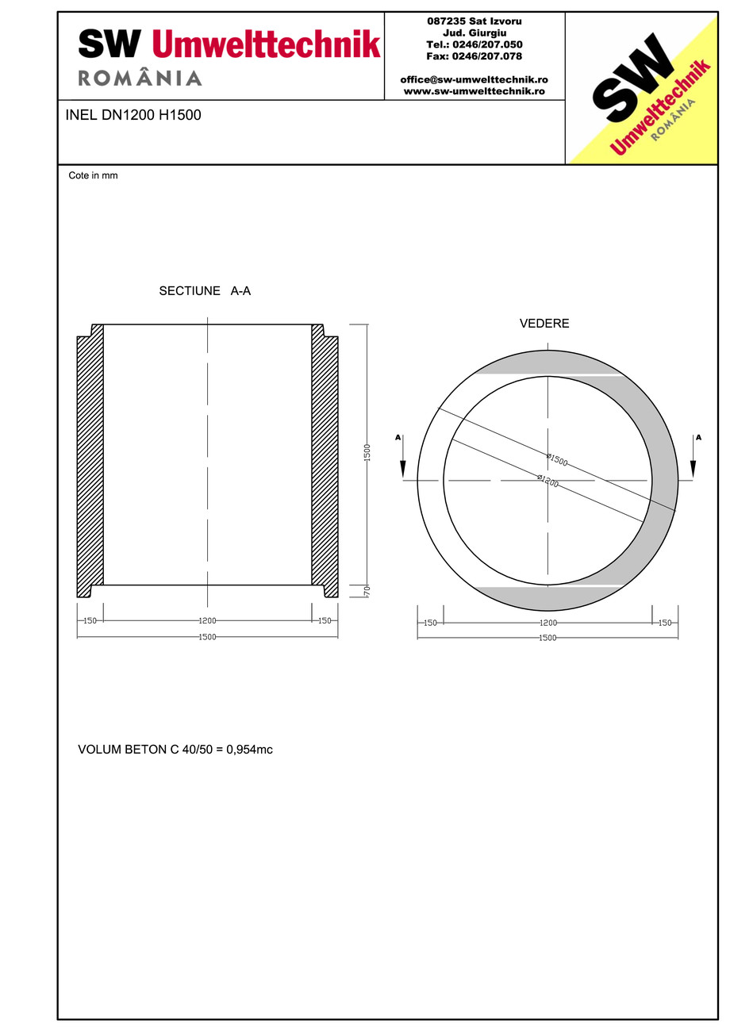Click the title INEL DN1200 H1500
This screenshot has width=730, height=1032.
coord(133,115)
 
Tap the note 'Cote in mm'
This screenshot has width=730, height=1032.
coord(93,175)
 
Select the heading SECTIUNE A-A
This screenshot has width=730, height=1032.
coord(205,291)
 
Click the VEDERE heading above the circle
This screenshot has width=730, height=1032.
coord(544,324)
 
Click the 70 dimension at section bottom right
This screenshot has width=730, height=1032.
coord(367,591)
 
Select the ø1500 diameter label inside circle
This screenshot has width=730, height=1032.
coord(557,459)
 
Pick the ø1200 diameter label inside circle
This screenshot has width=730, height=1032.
coord(547,481)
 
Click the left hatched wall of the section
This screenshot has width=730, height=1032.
coord(90,464)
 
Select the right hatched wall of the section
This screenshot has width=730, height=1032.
coord(325,464)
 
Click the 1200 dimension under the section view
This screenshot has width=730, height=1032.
coord(207,621)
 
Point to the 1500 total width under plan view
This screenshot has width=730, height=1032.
coord(547,638)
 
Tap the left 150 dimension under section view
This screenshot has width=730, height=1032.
coord(90,621)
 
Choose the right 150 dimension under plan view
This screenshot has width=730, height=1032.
coord(665,623)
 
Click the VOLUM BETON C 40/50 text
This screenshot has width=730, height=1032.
coord(175,749)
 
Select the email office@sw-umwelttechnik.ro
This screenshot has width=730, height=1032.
coord(474,80)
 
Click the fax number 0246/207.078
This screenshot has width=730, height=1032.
coord(474,56)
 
